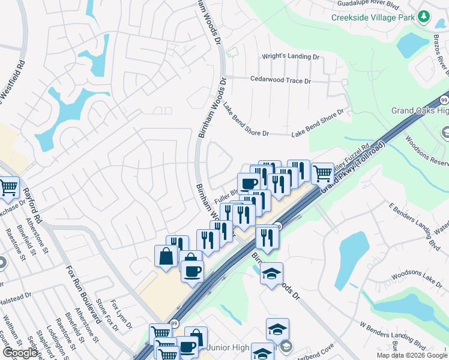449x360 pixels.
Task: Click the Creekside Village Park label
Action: pos(373,17)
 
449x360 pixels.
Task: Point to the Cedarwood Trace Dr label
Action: pos(280,80)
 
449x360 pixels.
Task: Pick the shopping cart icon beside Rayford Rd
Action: pos(8,188)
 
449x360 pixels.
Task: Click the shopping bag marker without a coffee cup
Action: pos(166,256)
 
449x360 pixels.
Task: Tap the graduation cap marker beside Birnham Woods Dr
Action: pos(271,274)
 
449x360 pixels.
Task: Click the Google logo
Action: pos(20,353)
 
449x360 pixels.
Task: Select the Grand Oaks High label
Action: pos(420,110)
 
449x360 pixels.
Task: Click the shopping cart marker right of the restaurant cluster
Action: pos(323,174)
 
